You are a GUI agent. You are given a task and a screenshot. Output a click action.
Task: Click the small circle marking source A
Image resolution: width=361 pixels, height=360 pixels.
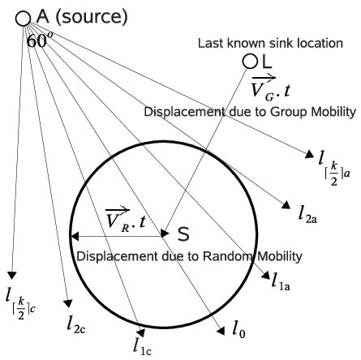23,19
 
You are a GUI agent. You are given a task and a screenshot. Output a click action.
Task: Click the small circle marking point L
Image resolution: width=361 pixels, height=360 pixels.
250,62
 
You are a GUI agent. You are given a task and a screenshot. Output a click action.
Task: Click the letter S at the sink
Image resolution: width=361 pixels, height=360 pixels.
183,234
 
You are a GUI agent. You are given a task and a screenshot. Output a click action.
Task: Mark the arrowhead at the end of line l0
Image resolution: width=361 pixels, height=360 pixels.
222,329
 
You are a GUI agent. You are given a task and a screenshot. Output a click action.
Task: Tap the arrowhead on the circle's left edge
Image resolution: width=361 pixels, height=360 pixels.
73,237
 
